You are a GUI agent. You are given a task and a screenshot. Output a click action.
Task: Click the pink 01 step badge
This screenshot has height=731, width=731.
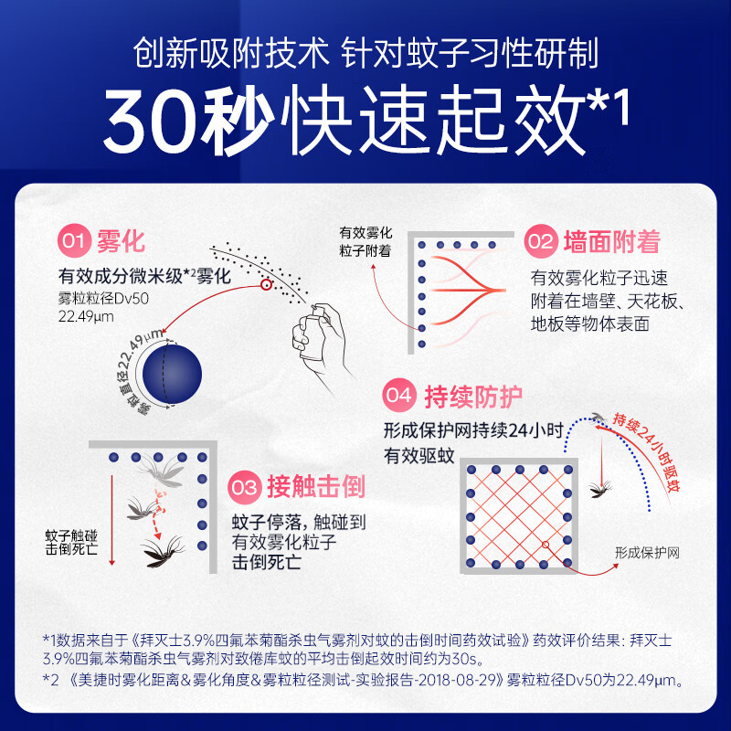74,242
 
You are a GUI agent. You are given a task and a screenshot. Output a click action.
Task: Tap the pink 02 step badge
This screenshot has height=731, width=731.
540,242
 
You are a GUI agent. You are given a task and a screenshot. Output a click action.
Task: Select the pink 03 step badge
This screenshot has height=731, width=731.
245,487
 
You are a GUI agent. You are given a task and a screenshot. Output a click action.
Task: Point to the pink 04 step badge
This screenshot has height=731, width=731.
400,397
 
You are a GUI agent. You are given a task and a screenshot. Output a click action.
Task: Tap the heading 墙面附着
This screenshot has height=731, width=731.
611,242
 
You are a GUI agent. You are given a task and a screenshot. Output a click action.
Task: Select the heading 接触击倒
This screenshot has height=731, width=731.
315,487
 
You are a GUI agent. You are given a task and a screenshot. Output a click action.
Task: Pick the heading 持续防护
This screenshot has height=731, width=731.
473,397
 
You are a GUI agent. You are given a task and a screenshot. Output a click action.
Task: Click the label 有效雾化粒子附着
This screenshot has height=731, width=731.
365,241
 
